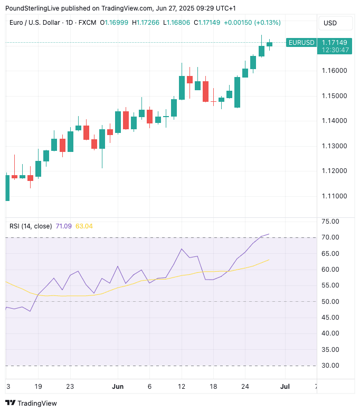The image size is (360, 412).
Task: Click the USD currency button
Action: tap(330, 23)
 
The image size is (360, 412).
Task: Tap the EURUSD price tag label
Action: tap(301, 42)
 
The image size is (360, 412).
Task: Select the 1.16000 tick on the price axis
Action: tap(335, 71)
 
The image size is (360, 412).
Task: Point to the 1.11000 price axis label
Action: tap(335, 196)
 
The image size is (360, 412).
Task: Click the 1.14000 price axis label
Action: tap(335, 121)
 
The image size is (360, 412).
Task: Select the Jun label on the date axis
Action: tap(118, 386)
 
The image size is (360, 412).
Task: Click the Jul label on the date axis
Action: tap(285, 386)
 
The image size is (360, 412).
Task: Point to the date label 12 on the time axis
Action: tap(182, 386)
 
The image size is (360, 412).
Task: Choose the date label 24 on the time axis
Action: tap(245, 386)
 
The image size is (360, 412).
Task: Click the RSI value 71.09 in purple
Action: tap(63, 226)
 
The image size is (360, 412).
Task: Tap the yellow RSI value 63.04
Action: tap(84, 226)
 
